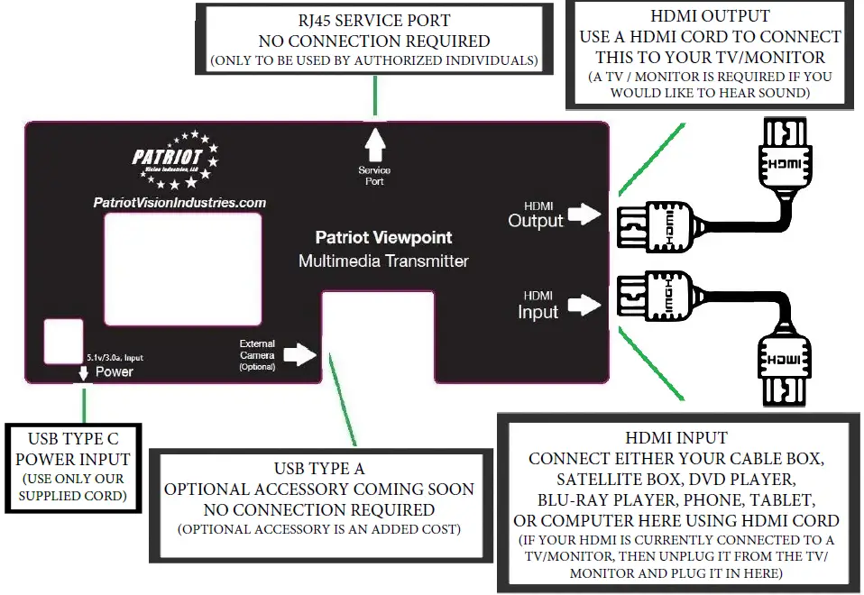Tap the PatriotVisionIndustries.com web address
pos(179,203)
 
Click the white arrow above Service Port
pos(374,144)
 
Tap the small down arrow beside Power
pos(84,371)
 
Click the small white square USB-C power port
pos(62,342)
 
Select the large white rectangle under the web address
pos(183,269)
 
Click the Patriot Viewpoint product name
pos(383,238)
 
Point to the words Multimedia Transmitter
pos(383,261)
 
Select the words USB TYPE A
pos(319,469)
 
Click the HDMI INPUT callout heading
pos(676,439)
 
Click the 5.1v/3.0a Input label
pos(114,358)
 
